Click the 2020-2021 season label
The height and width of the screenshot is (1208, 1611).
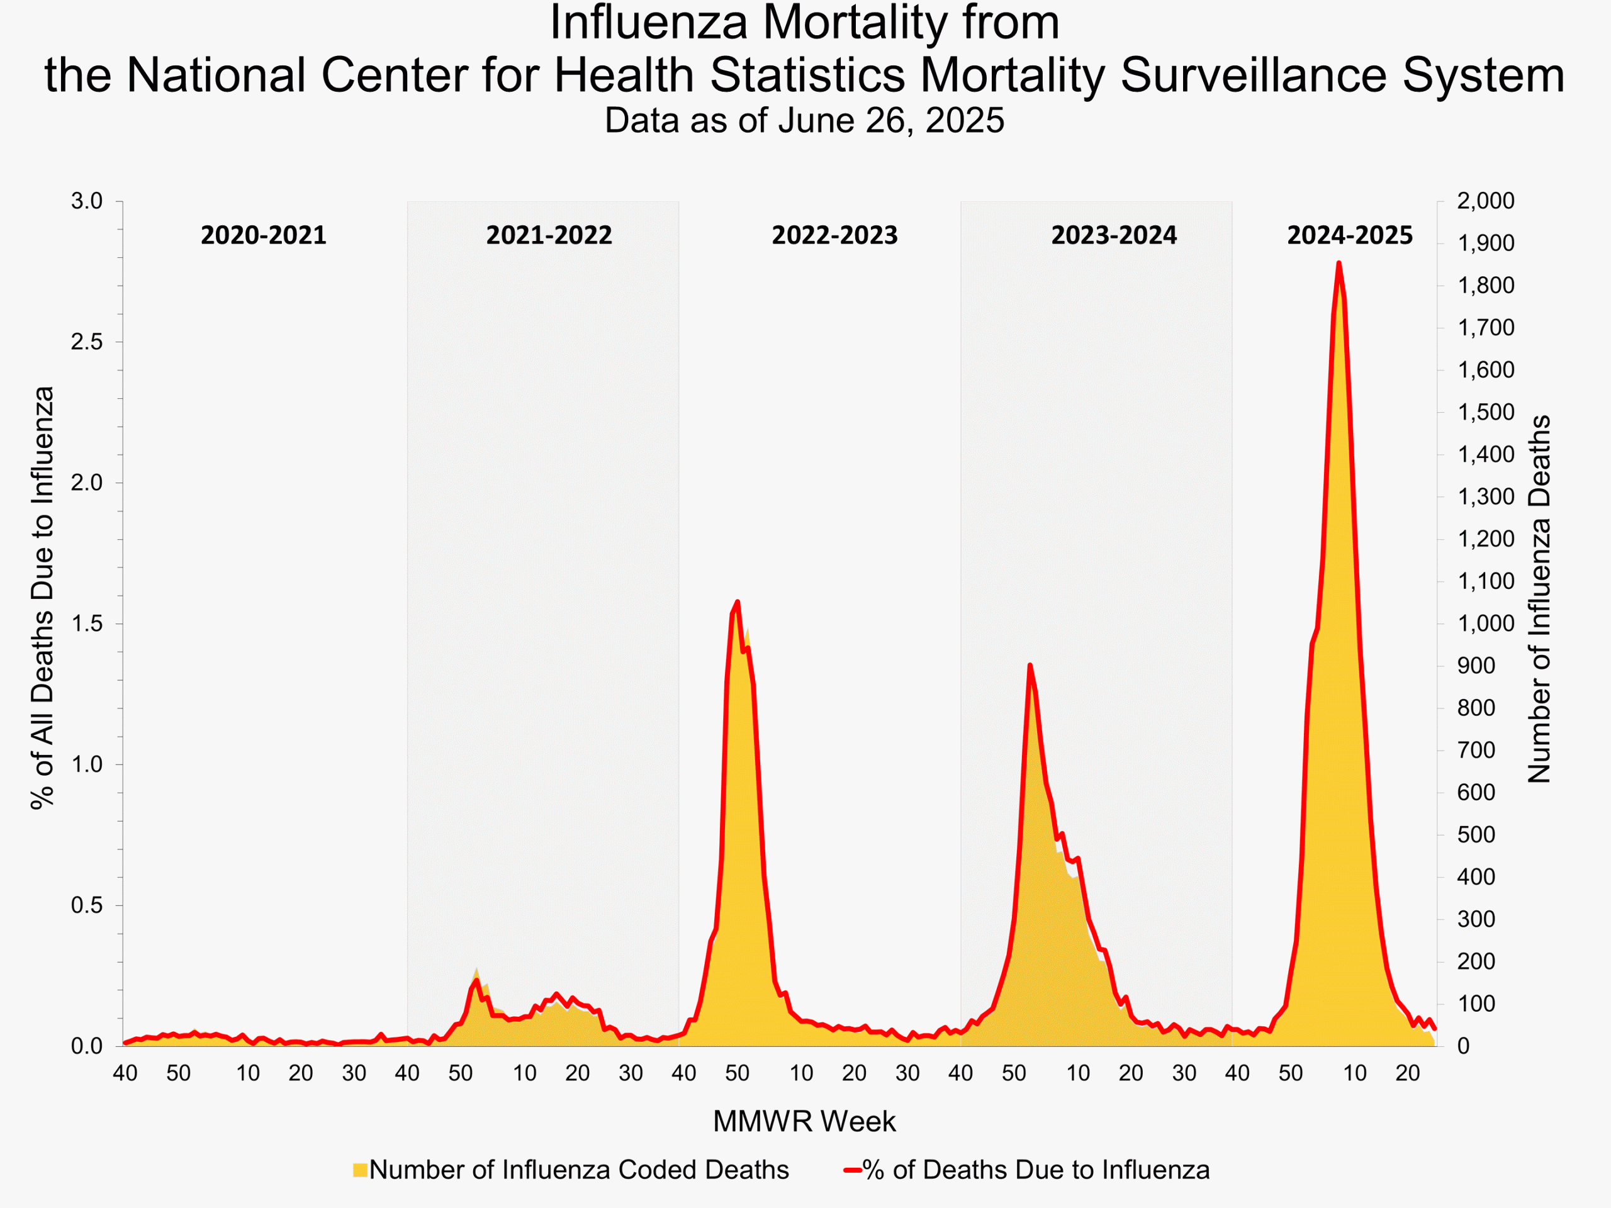(263, 235)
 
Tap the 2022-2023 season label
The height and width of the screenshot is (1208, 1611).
(834, 235)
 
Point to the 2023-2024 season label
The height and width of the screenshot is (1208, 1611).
(1114, 235)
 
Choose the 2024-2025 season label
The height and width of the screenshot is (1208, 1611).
(1350, 235)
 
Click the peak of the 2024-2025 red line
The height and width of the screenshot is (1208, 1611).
(1339, 263)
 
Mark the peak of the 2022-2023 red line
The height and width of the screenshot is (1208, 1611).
(738, 601)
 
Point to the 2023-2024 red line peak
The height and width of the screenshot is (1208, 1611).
(1030, 665)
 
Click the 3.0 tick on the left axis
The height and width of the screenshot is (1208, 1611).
(87, 201)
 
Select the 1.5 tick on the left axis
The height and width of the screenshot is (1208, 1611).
(87, 624)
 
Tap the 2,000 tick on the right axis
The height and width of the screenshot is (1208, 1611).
(1485, 201)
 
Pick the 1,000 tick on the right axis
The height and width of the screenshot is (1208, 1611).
(1485, 624)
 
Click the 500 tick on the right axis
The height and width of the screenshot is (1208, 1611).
(1476, 835)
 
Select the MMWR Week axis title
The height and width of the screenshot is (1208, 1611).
(804, 1121)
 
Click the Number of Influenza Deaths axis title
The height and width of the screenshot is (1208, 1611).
(1539, 599)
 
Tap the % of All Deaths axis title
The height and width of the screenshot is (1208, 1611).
(42, 597)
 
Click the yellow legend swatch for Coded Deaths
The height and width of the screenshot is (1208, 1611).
(360, 1170)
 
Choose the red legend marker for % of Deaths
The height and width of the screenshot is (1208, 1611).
(852, 1170)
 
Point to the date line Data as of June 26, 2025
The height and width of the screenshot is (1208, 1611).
(804, 120)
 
